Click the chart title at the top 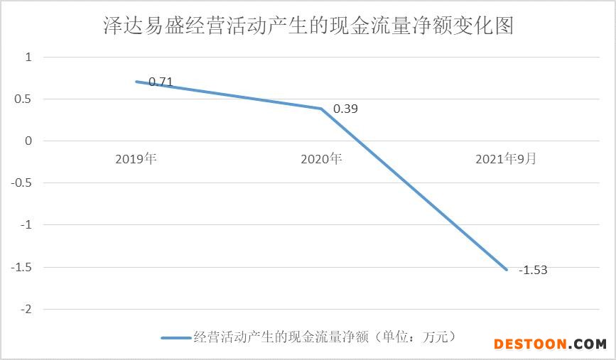tap(308, 26)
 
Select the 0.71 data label tap(161, 82)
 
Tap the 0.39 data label tap(346, 109)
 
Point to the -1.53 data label tap(533, 270)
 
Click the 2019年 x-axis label tap(135, 159)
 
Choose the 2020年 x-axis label tap(321, 159)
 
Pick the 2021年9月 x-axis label tap(506, 159)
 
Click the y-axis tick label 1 tap(28, 57)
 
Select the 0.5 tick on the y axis tap(24, 99)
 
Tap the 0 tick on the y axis tap(28, 141)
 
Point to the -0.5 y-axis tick tap(22, 182)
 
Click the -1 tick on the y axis tap(26, 225)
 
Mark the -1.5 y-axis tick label tap(22, 267)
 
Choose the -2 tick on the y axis tap(26, 310)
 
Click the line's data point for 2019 tap(136, 81)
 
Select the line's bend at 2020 tap(321, 109)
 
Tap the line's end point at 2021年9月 tap(507, 270)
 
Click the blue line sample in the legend tap(175, 337)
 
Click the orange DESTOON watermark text tap(530, 344)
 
